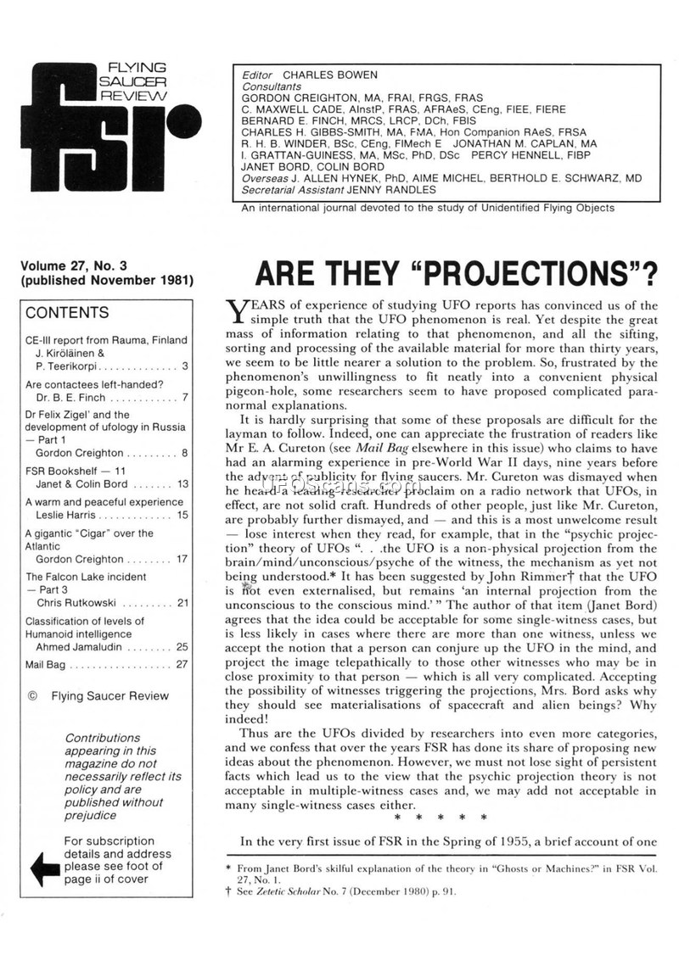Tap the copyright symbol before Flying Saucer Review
pos(32,695)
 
